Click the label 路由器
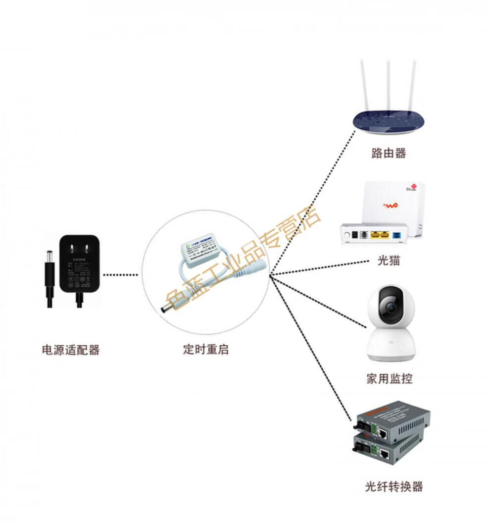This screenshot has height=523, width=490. click(x=389, y=153)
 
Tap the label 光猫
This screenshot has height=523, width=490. click(x=388, y=261)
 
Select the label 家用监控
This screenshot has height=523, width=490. click(x=389, y=379)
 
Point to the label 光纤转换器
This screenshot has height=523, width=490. click(x=393, y=486)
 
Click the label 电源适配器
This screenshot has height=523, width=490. click(x=71, y=350)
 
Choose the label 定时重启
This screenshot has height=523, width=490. click(x=205, y=349)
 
